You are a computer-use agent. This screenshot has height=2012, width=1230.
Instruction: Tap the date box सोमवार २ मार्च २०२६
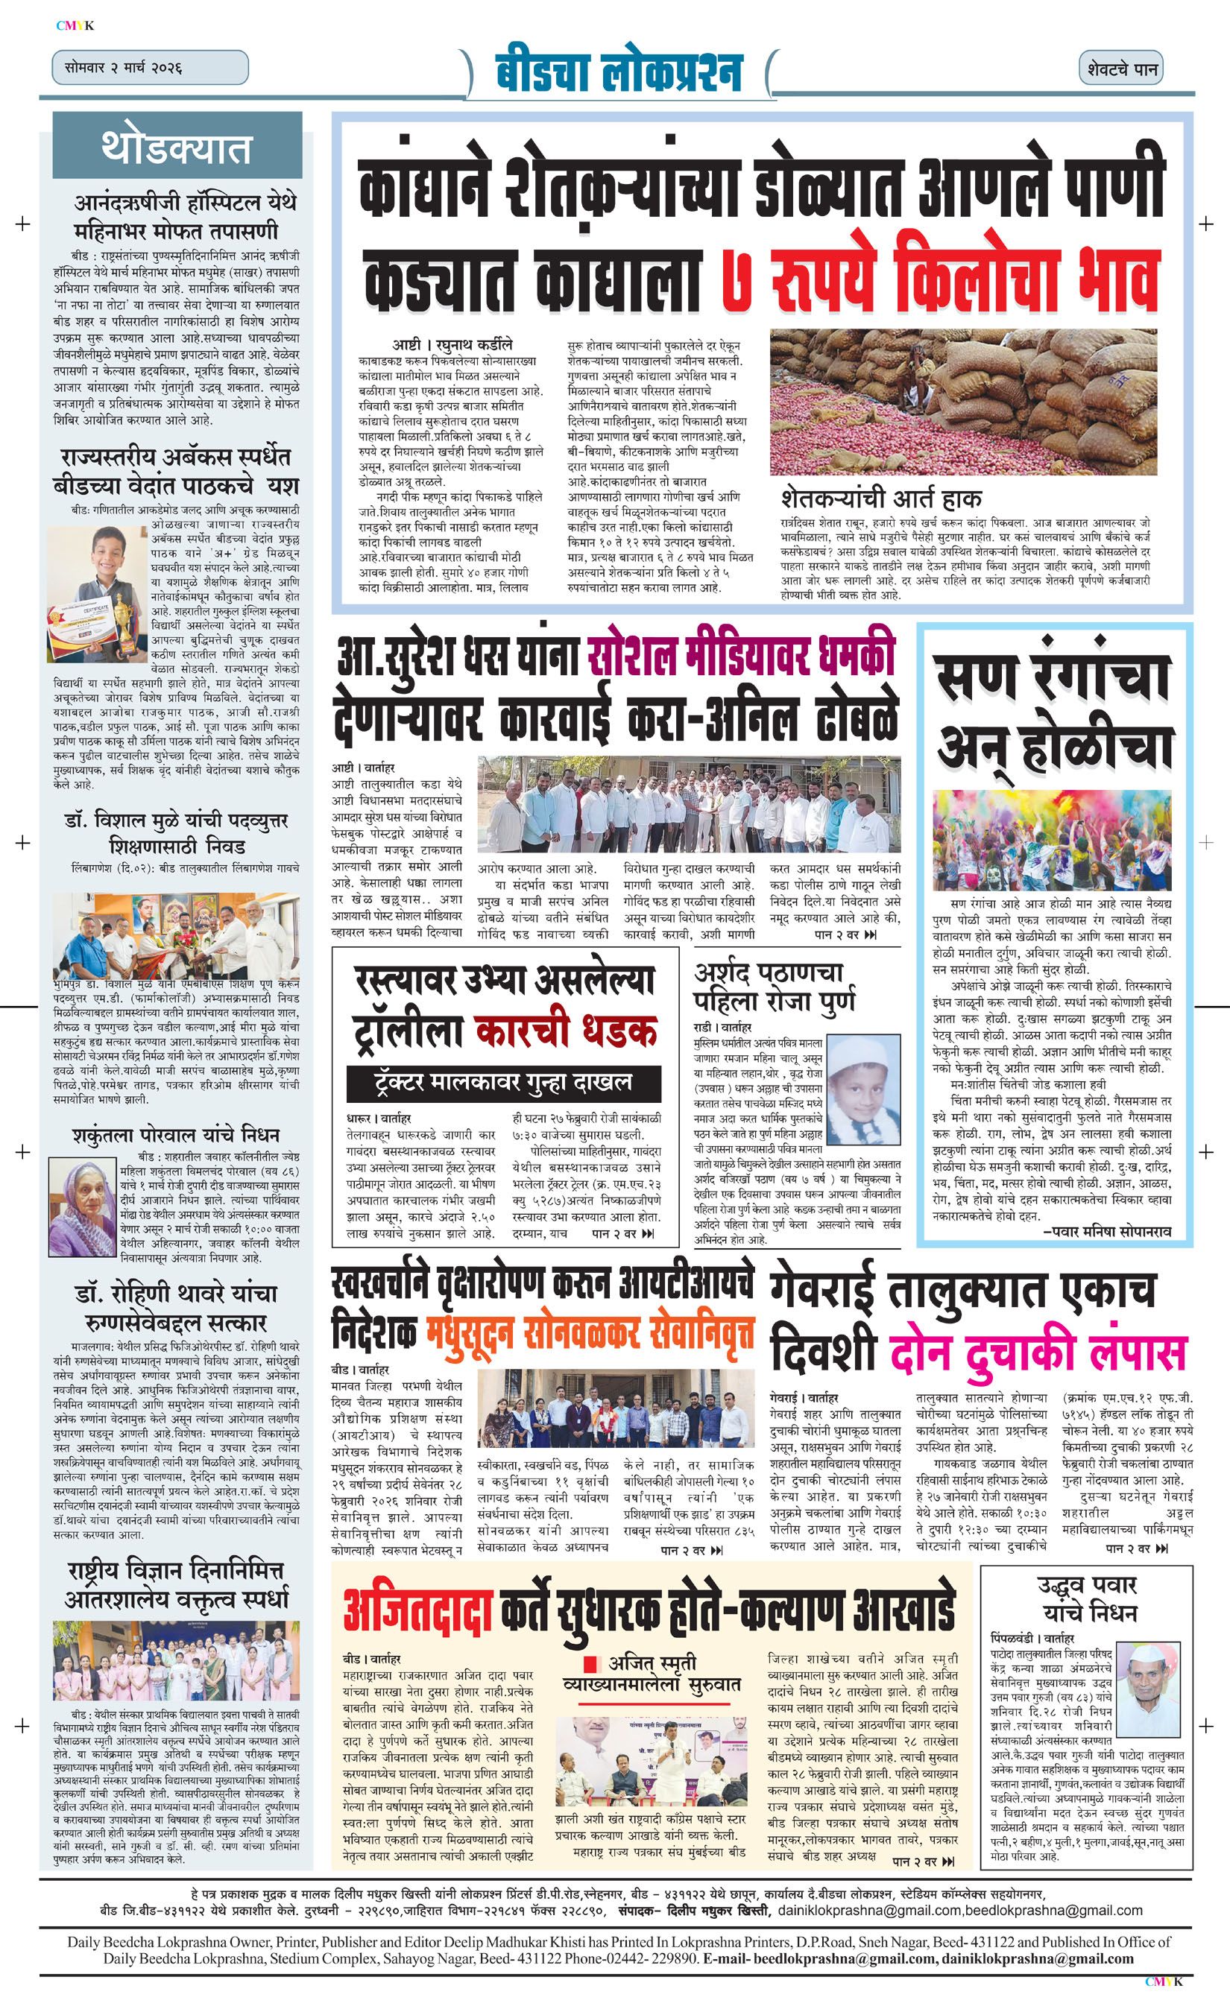point(149,68)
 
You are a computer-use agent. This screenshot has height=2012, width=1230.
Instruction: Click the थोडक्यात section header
point(177,147)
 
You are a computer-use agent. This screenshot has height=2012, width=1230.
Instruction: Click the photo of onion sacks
point(963,401)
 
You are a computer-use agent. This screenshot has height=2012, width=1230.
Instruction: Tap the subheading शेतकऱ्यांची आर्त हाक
point(880,497)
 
